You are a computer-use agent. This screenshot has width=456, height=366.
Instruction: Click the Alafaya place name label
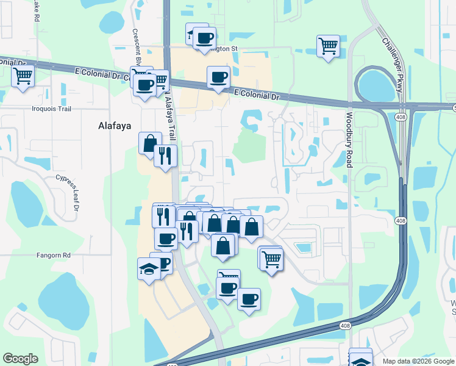click(115, 126)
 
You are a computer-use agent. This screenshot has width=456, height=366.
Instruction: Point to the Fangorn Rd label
click(53, 254)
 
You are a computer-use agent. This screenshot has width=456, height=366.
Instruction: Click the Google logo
click(20, 359)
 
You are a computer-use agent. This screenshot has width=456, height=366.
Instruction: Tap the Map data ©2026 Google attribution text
click(418, 361)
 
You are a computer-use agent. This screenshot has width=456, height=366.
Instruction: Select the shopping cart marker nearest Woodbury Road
click(328, 46)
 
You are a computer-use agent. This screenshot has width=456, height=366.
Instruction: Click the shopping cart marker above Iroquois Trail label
click(23, 77)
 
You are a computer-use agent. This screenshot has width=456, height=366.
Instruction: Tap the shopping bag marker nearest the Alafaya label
click(149, 144)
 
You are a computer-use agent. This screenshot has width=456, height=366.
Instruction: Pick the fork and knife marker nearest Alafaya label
click(165, 156)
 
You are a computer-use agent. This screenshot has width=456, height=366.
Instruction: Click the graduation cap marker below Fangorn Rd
click(149, 268)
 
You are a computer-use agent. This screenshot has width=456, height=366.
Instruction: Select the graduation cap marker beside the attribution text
click(360, 359)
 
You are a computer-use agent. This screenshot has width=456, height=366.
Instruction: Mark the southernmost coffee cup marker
click(248, 299)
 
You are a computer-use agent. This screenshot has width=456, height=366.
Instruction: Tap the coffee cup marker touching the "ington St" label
click(204, 38)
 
